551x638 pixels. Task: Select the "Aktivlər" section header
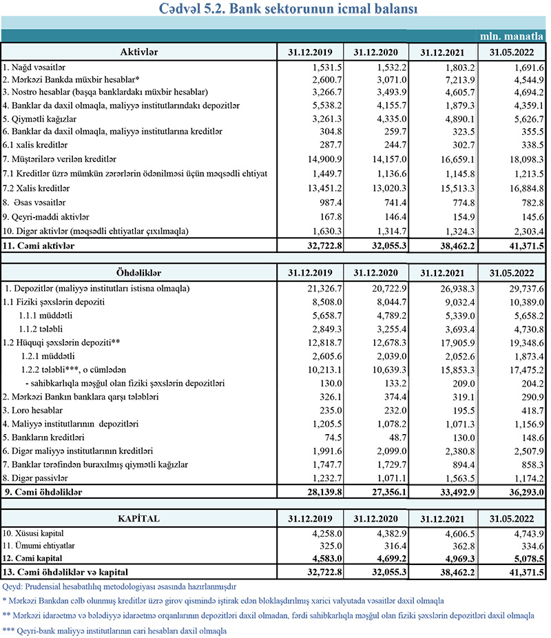[139, 52]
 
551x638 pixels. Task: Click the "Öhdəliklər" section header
[139, 270]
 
